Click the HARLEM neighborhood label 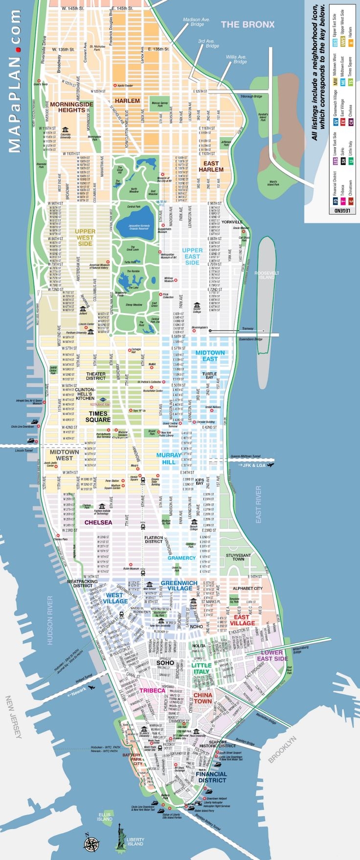[x=127, y=101]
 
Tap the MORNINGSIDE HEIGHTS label [x=71, y=107]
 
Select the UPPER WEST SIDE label [x=85, y=237]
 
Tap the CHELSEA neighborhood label [x=98, y=522]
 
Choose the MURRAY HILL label [x=168, y=458]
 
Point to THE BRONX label [x=247, y=24]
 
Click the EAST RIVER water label [x=258, y=504]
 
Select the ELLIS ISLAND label [x=104, y=816]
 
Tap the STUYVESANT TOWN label [x=238, y=557]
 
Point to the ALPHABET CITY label [x=247, y=588]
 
